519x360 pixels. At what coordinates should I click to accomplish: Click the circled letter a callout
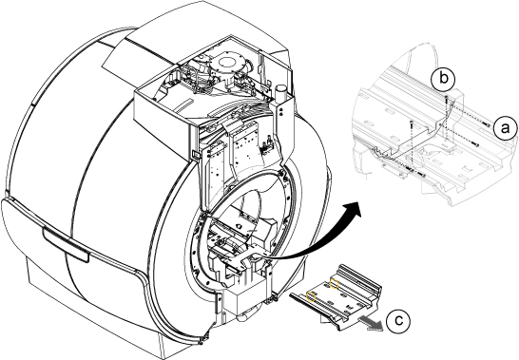(505, 128)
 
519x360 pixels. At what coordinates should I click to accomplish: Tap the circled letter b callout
(443, 79)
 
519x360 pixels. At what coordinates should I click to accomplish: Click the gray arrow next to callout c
(371, 323)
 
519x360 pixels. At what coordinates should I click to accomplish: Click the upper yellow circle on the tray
(335, 284)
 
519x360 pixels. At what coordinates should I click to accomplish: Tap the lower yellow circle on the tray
(311, 296)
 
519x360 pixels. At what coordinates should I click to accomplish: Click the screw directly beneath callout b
(446, 98)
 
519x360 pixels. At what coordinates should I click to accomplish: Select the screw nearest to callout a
(487, 124)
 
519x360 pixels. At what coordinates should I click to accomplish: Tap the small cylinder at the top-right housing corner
(280, 89)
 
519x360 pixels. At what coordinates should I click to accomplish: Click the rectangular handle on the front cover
(67, 243)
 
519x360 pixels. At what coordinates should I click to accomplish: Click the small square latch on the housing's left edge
(195, 154)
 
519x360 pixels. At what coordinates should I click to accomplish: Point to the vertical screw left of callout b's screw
(412, 124)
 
